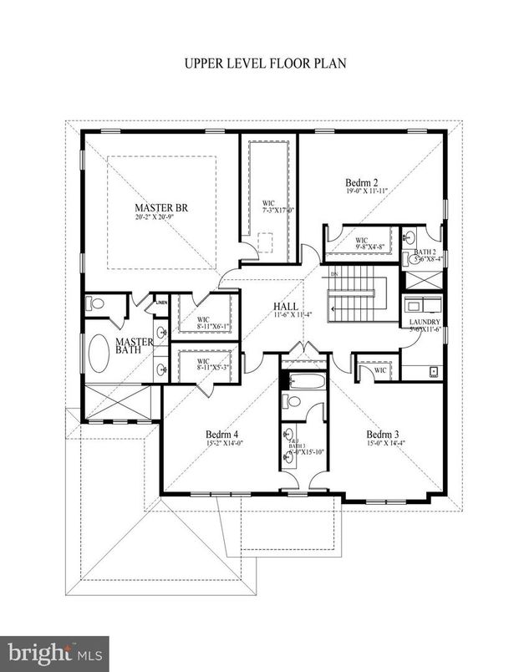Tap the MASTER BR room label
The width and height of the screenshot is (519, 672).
161,206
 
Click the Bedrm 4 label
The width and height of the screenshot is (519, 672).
222,435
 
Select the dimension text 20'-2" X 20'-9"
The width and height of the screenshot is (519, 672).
161,217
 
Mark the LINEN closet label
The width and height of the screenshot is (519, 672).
161,303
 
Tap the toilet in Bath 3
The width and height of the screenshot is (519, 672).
293,402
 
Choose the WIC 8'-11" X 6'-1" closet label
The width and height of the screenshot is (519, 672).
202,321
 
